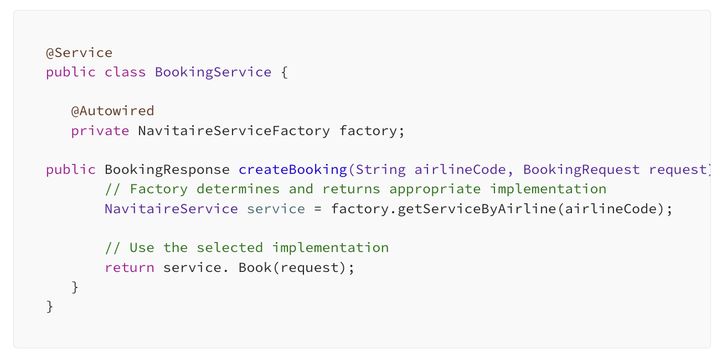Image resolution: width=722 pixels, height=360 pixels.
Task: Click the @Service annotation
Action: [x=79, y=53]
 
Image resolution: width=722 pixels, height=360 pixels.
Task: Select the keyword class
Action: [x=125, y=73]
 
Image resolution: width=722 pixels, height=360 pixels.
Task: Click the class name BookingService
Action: [x=213, y=73]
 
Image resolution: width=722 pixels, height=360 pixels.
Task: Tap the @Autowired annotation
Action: [x=112, y=111]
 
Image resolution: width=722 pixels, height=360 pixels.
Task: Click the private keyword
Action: [x=100, y=131]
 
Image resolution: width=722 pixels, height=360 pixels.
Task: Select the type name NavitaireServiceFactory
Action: [x=234, y=131]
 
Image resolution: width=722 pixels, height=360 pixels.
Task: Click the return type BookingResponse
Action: [x=167, y=169]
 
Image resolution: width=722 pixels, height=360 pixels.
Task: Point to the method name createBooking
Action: [x=292, y=169]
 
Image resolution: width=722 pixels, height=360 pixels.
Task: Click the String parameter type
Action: [x=380, y=169]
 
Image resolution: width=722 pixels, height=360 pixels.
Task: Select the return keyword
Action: [x=130, y=268]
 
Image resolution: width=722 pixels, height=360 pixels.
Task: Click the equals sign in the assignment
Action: [x=318, y=209]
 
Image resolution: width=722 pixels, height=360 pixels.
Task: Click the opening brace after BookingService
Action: [x=284, y=73]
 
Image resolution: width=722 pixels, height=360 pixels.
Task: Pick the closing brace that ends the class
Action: [x=50, y=306]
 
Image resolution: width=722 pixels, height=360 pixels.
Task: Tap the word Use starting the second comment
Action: [x=142, y=248]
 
